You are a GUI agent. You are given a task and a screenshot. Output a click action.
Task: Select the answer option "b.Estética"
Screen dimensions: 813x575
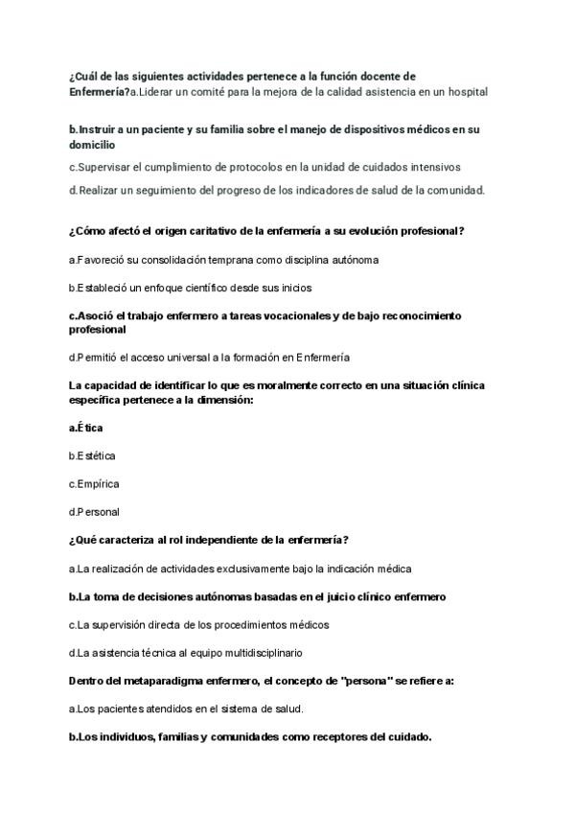pyautogui.click(x=92, y=455)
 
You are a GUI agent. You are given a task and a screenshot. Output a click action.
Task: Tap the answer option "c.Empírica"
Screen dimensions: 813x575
pyautogui.click(x=94, y=483)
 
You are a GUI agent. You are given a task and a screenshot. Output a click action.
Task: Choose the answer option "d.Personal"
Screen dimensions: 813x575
pyautogui.click(x=94, y=512)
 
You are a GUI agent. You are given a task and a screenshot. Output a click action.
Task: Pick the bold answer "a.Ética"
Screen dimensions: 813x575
pyautogui.click(x=86, y=428)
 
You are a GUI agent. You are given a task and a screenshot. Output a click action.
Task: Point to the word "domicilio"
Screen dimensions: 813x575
pyautogui.click(x=92, y=145)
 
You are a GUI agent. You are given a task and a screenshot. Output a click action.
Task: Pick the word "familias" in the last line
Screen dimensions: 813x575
pyautogui.click(x=169, y=737)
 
